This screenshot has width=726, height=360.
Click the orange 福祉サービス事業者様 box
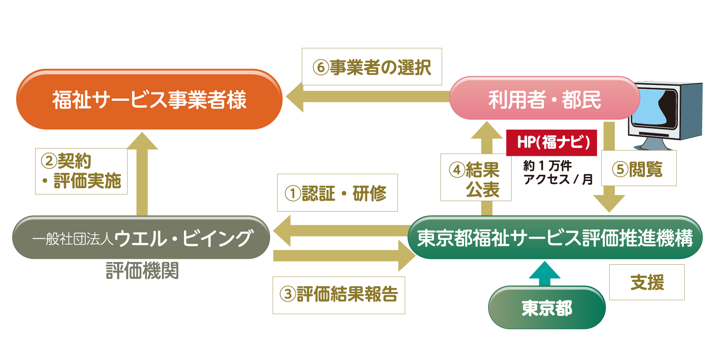click(x=149, y=100)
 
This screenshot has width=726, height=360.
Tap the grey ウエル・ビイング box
click(x=141, y=238)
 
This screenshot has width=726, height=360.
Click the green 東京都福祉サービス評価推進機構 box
click(x=555, y=238)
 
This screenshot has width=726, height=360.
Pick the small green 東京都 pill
click(x=547, y=308)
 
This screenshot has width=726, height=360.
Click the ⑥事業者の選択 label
click(x=372, y=67)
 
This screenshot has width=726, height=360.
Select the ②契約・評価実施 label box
click(x=81, y=171)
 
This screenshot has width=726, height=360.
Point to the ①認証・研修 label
click(x=337, y=193)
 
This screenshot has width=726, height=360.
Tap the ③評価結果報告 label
click(x=339, y=295)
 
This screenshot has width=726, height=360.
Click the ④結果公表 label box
click(x=476, y=177)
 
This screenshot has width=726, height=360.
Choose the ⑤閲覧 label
click(x=638, y=169)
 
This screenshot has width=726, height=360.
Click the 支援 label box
click(x=646, y=282)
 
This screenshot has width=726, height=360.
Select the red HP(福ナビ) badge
click(x=552, y=143)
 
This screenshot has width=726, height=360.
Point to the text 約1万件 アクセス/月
click(x=557, y=172)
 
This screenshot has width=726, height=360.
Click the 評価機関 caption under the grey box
click(x=142, y=271)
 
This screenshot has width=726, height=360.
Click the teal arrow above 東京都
click(x=544, y=272)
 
